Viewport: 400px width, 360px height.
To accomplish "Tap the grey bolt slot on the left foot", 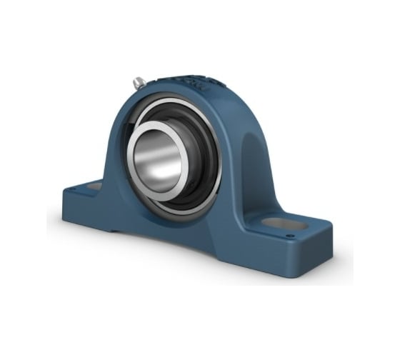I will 94,186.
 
